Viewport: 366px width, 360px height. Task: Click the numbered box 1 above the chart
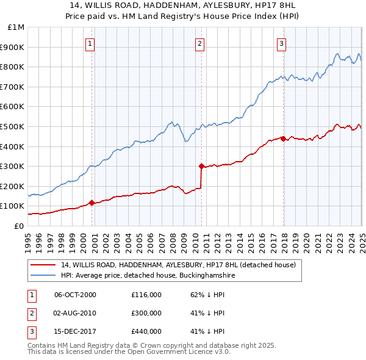pyautogui.click(x=90, y=43)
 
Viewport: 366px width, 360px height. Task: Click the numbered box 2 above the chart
pyautogui.click(x=199, y=43)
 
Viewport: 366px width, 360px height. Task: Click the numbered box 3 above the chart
pyautogui.click(x=281, y=43)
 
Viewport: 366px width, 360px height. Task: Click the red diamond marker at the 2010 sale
pyautogui.click(x=201, y=165)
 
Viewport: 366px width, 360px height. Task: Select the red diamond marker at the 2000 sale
pyautogui.click(x=92, y=203)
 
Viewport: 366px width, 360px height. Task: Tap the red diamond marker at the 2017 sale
pyautogui.click(x=284, y=138)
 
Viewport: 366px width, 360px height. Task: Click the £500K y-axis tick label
pyautogui.click(x=13, y=126)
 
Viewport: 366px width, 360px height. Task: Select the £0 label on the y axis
pyautogui.click(x=19, y=226)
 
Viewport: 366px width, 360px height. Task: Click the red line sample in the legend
pyautogui.click(x=43, y=265)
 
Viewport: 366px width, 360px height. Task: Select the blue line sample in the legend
pyautogui.click(x=43, y=275)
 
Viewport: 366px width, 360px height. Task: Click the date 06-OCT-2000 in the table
pyautogui.click(x=76, y=294)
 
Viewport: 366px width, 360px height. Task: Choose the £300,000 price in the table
pyautogui.click(x=146, y=313)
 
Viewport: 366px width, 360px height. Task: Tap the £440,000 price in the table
pyautogui.click(x=146, y=332)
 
